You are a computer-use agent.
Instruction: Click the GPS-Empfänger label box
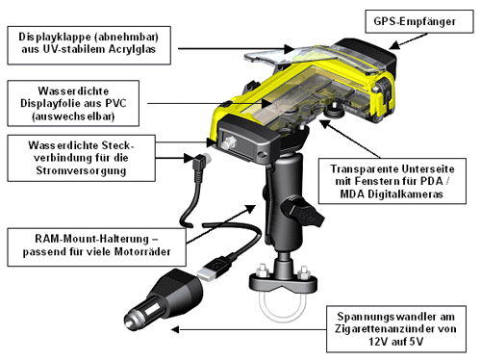419,21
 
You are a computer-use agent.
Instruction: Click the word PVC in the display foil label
116,103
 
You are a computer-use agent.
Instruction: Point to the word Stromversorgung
81,170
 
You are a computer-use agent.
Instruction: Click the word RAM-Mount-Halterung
91,239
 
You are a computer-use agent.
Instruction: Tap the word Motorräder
142,252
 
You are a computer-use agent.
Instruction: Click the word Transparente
364,169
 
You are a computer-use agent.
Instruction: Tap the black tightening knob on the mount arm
301,212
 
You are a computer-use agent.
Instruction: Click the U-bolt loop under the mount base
283,306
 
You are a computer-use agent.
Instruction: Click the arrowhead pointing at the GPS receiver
395,45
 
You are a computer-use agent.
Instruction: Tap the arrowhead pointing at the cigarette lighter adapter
175,329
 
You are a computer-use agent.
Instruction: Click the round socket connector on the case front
228,142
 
